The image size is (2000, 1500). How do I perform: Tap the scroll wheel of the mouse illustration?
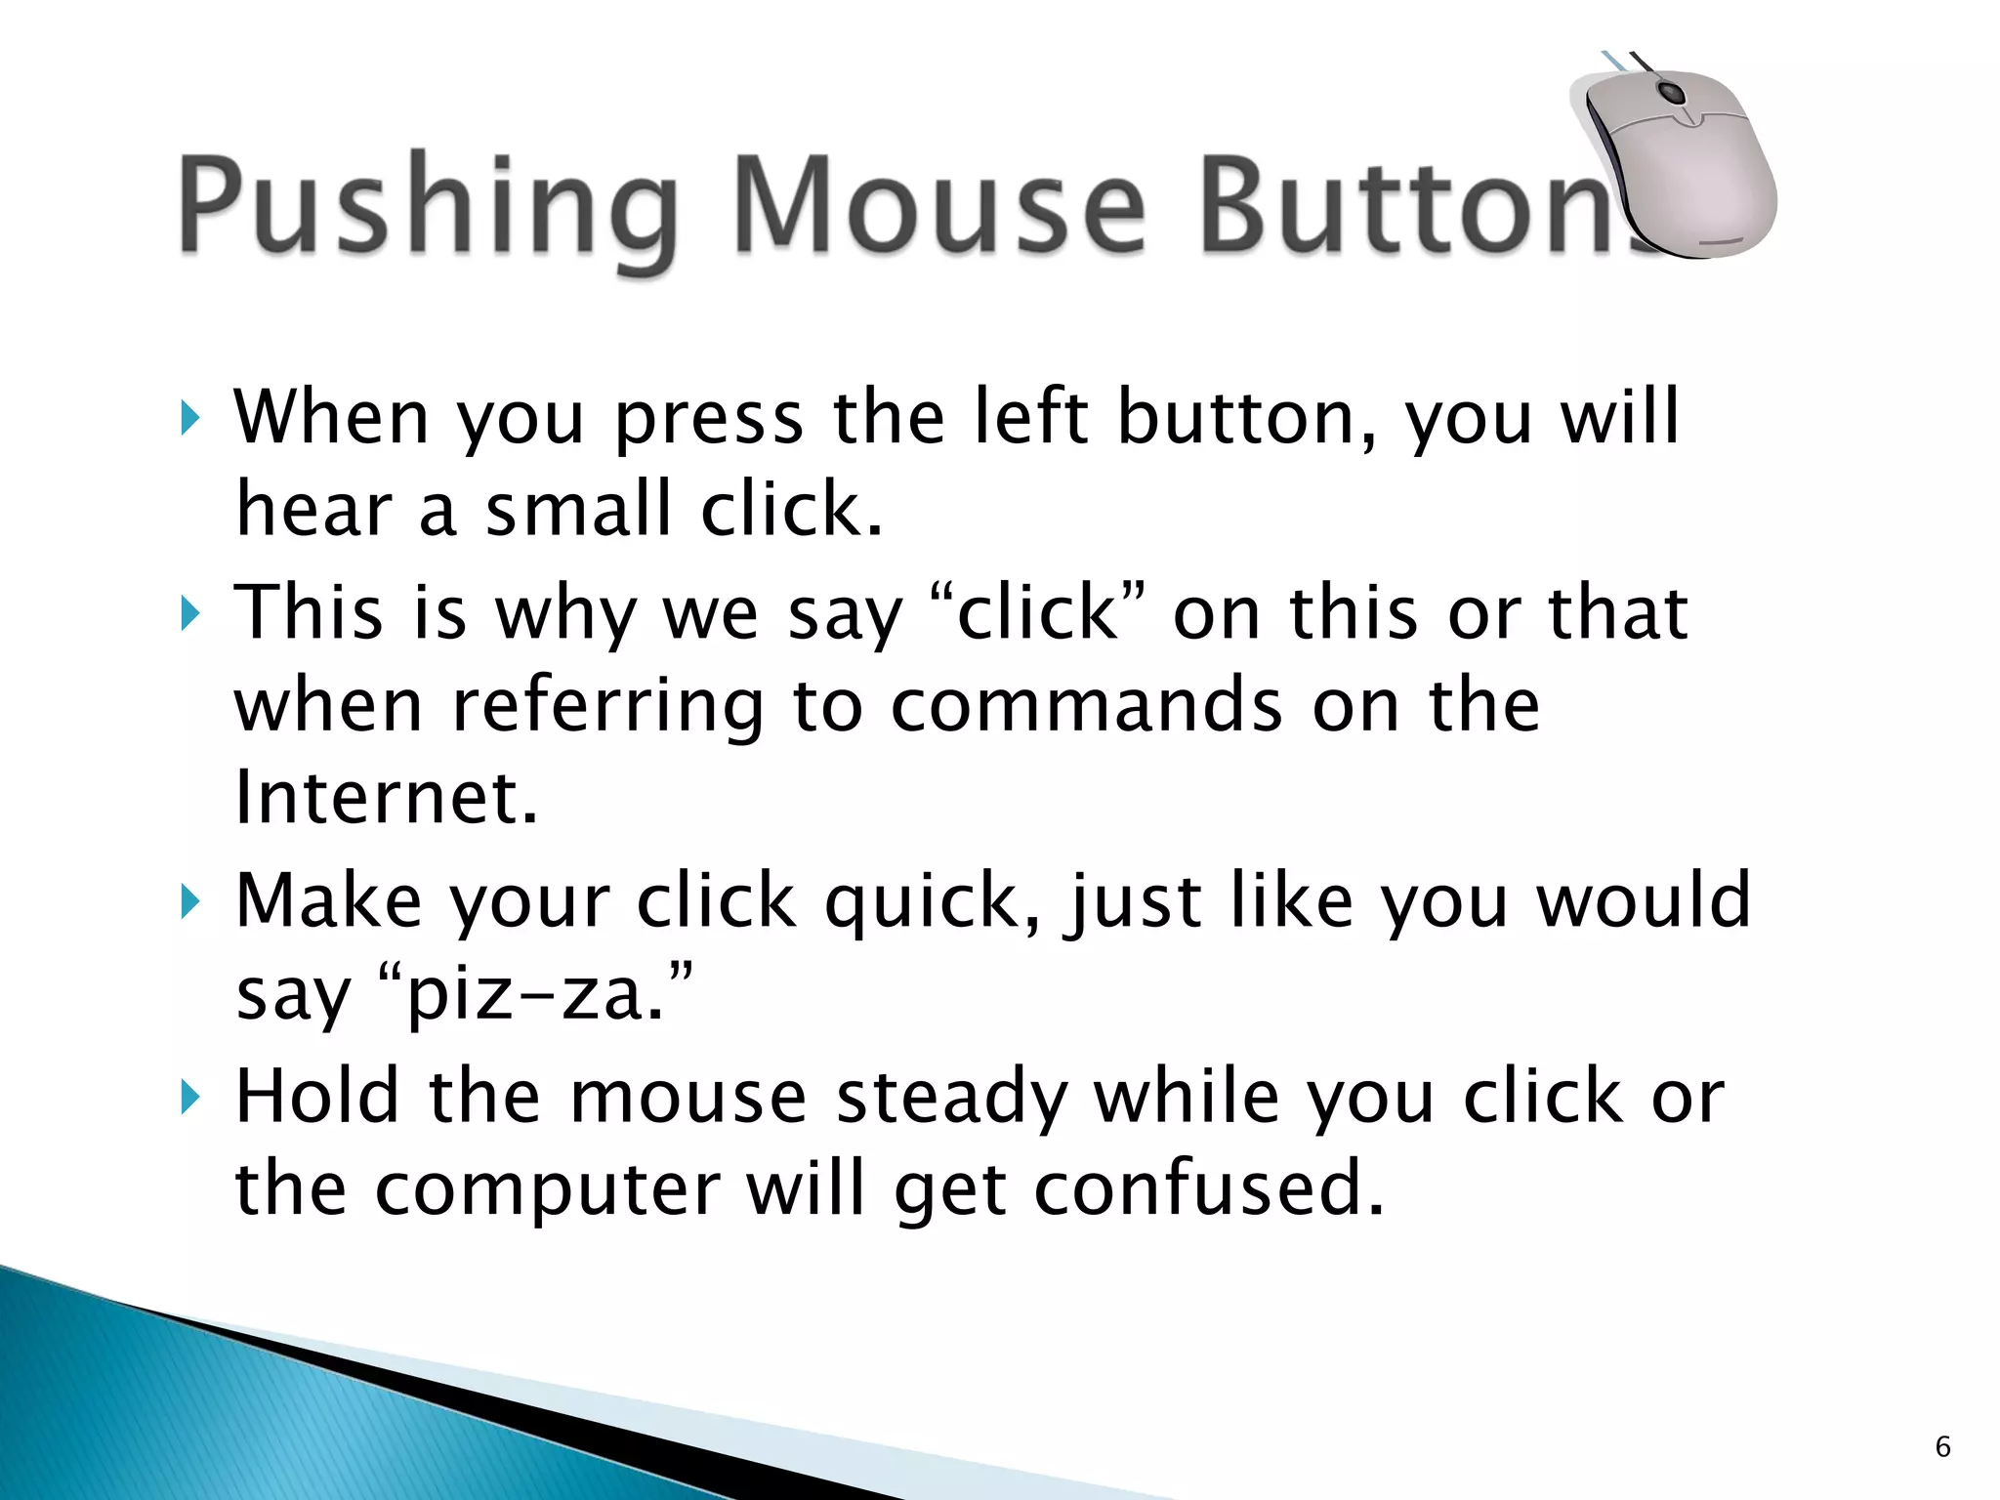(1672, 95)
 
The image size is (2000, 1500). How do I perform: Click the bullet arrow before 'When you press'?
(189, 419)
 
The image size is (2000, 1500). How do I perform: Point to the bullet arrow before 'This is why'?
(189, 614)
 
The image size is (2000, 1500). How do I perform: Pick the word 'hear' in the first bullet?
(313, 510)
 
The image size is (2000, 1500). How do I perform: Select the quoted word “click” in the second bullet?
(1037, 613)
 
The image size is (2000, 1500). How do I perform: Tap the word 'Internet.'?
(387, 797)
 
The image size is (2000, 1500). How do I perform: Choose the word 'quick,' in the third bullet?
(933, 900)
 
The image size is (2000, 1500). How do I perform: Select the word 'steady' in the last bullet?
(952, 1096)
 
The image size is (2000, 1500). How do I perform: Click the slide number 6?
(1942, 1446)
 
